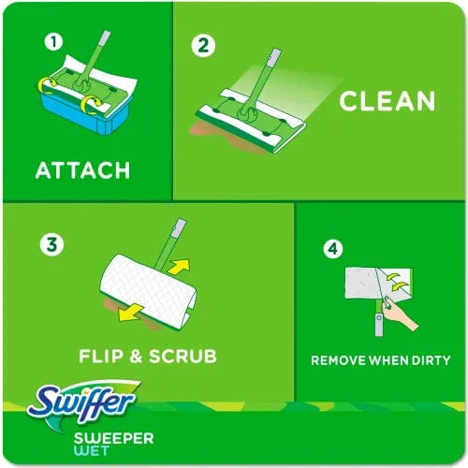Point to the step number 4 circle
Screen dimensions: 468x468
click(330, 249)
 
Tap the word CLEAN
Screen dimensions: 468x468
click(387, 101)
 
